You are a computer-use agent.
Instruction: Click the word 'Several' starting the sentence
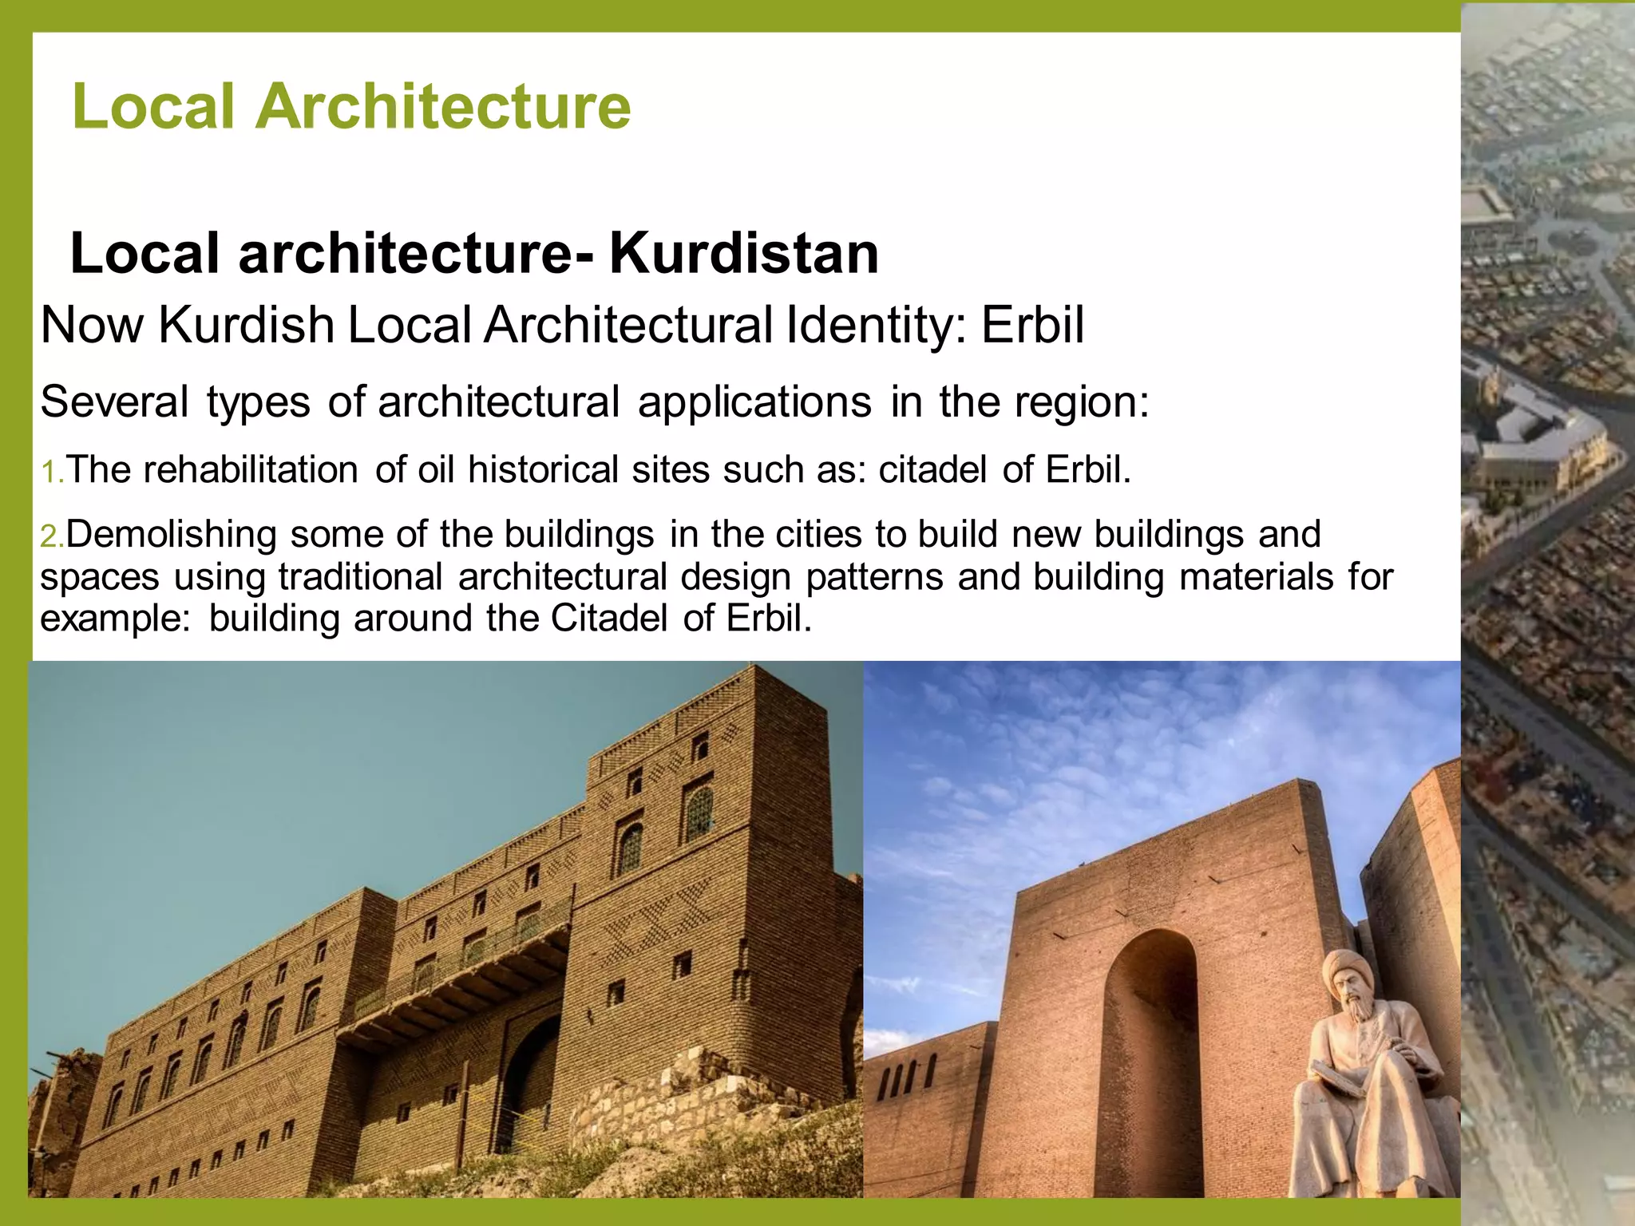(115, 401)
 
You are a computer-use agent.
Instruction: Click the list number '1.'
(52, 472)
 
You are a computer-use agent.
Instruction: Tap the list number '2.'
(52, 536)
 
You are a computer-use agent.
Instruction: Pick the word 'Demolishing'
(171, 534)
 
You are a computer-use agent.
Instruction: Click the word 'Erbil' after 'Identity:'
(1033, 326)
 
